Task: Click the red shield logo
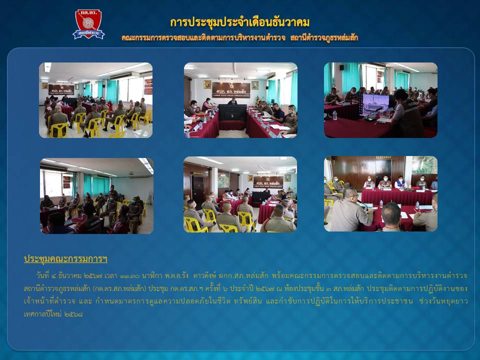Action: (88, 24)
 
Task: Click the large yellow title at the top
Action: (239, 22)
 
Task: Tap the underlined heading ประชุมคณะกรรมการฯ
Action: (65, 259)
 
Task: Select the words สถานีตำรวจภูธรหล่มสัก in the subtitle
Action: (324, 38)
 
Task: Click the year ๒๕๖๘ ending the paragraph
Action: (74, 314)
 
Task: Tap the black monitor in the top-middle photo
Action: (232, 112)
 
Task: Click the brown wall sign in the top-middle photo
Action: (231, 89)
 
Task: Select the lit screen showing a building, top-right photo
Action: (375, 104)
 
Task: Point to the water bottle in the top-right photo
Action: (334, 115)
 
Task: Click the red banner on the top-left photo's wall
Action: (148, 86)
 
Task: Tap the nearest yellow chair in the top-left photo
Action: (58, 130)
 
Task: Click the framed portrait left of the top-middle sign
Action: (207, 84)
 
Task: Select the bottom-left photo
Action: (96, 196)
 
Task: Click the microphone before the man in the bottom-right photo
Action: (363, 205)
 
